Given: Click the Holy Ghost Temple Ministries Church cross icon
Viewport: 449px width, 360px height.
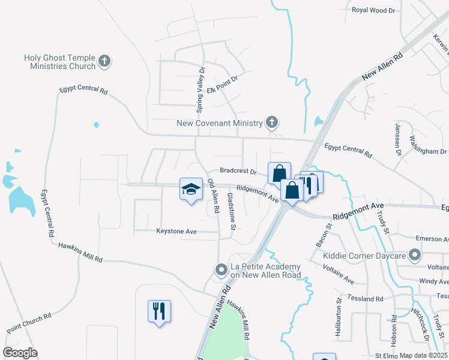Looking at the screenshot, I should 105,61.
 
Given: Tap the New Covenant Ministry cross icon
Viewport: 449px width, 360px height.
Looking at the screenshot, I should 272,123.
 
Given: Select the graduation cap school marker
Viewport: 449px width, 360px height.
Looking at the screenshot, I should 191,190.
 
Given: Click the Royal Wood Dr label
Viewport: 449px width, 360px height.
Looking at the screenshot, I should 374,10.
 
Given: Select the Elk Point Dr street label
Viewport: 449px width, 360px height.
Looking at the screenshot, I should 223,85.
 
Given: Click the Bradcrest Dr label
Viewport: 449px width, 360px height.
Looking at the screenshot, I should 238,170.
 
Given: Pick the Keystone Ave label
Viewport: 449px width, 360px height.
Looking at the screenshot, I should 176,230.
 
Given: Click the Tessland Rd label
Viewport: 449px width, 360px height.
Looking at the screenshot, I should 364,299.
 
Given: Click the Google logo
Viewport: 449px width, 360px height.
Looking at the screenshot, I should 20,353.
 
